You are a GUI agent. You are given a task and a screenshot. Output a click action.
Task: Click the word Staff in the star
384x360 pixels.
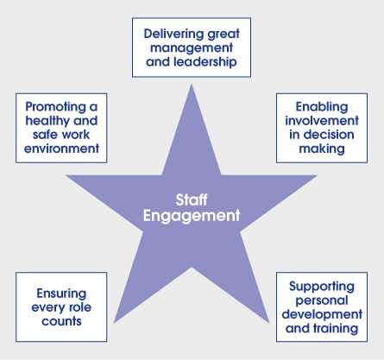pyautogui.click(x=192, y=199)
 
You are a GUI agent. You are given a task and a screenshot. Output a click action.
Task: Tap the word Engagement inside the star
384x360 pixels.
pyautogui.click(x=192, y=216)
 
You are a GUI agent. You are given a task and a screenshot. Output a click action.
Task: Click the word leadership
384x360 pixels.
pyautogui.click(x=205, y=61)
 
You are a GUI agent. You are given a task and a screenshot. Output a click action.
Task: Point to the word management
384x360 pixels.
pyautogui.click(x=192, y=48)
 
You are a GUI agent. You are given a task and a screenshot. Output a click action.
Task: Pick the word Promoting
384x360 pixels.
pyautogui.click(x=56, y=107)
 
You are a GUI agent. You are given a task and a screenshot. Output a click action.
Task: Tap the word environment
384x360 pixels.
pyautogui.click(x=61, y=148)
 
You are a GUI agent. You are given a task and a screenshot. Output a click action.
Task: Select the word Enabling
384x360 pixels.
pyautogui.click(x=322, y=107)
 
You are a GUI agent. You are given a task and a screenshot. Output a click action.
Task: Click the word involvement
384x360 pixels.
pyautogui.click(x=322, y=121)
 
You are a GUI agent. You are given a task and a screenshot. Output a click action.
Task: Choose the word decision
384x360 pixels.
pyautogui.click(x=329, y=135)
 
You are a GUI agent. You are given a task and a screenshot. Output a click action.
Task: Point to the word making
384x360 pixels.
pyautogui.click(x=322, y=149)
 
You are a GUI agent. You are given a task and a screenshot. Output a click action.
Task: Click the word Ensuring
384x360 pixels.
pyautogui.click(x=61, y=294)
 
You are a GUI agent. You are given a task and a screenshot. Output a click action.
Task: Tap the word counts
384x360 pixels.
pyautogui.click(x=61, y=321)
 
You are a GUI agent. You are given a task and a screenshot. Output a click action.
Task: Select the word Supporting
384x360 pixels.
pyautogui.click(x=322, y=287)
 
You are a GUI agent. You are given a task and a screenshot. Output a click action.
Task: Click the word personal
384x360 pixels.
pyautogui.click(x=322, y=300)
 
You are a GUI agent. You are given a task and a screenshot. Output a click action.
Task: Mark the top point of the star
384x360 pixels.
pyautogui.click(x=192, y=84)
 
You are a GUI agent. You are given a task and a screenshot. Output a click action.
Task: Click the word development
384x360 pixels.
pyautogui.click(x=322, y=314)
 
